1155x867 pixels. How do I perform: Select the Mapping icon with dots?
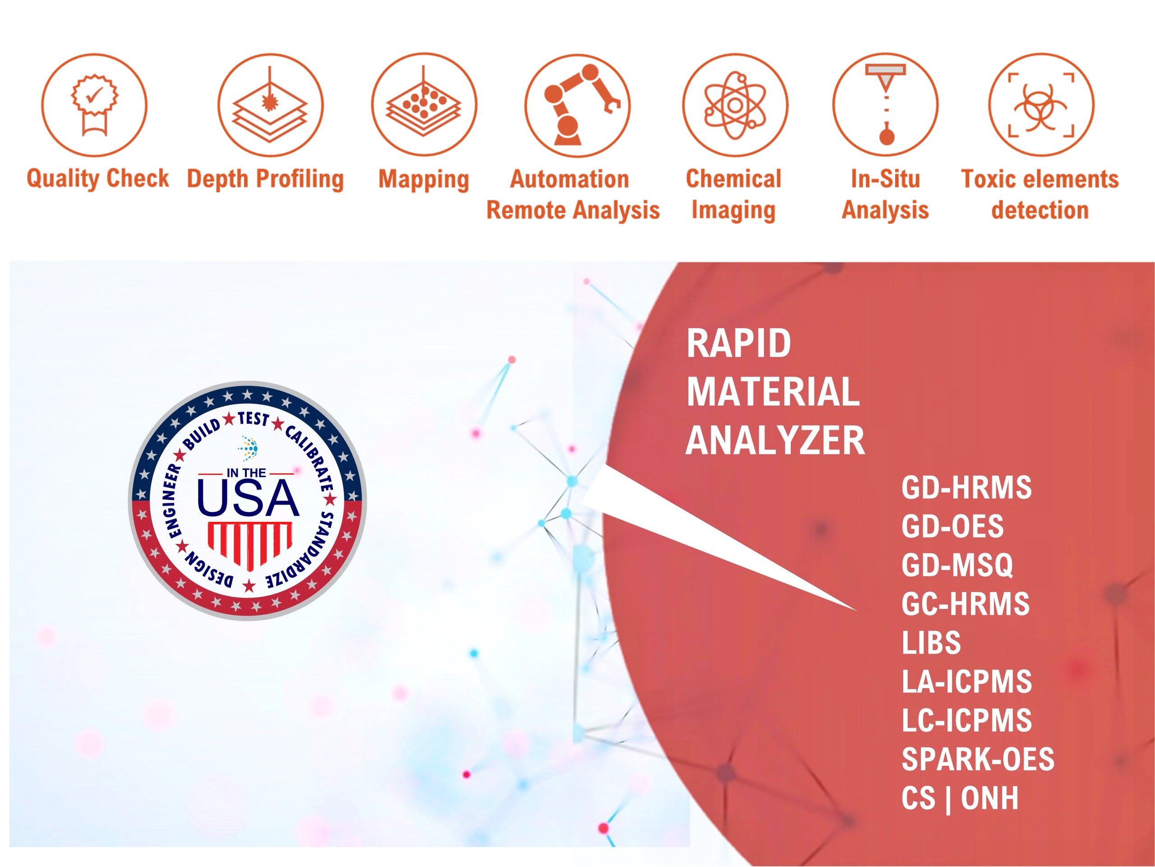click(x=424, y=104)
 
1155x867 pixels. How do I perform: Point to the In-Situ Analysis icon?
click(x=886, y=104)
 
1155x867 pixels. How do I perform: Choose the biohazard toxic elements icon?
click(x=1041, y=104)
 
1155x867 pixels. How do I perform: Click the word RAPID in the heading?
click(x=738, y=343)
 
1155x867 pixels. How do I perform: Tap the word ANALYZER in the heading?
click(x=775, y=441)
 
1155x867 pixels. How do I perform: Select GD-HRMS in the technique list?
click(x=966, y=488)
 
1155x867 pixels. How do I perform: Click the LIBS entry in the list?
click(x=931, y=643)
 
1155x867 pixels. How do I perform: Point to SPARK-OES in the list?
click(x=978, y=760)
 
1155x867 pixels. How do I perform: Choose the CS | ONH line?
click(x=960, y=798)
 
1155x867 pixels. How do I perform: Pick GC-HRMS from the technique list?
click(x=966, y=604)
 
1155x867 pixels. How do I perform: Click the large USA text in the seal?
click(x=248, y=498)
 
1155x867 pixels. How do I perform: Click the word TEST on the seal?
click(x=254, y=419)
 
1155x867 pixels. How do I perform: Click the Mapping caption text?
click(x=424, y=179)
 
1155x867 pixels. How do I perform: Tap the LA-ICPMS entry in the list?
click(x=967, y=682)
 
